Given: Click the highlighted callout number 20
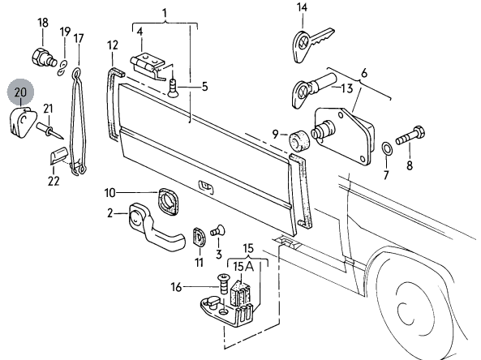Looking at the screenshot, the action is coord(20,92).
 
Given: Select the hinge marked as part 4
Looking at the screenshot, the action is coord(148,66).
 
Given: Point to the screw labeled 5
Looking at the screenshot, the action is coord(174,88).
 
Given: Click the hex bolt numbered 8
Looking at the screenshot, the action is coord(410,136).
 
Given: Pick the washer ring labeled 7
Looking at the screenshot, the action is coord(387,149).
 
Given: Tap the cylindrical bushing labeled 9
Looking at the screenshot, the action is coord(299,141).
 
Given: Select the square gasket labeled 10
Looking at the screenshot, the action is coord(168,201).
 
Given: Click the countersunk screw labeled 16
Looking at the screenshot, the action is coord(223,284).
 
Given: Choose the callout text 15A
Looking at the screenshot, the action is coord(243,267).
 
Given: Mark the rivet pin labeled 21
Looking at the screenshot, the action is coord(49,130).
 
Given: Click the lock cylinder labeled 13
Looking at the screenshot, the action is coord(313,91).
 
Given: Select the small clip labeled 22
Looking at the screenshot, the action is coord(58,156).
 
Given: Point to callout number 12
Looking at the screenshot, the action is coord(113,45).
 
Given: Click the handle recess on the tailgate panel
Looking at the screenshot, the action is coord(207,186).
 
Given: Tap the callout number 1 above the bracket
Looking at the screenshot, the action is coord(165,14).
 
